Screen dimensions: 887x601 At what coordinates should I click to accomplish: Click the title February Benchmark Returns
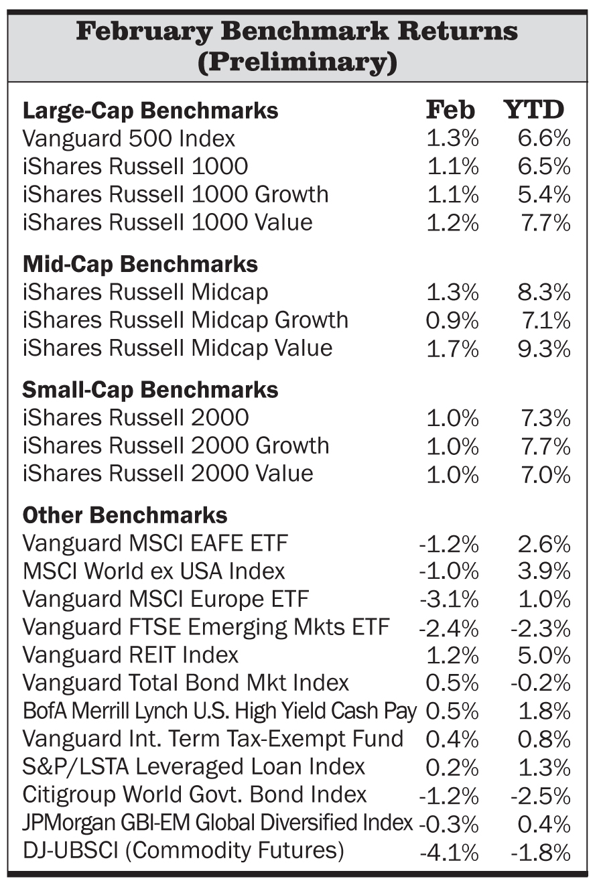point(297,31)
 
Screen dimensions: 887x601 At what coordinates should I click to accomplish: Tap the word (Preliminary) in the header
point(297,62)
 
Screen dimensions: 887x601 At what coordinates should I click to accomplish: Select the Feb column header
point(450,109)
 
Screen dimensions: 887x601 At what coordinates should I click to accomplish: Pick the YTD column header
point(534,109)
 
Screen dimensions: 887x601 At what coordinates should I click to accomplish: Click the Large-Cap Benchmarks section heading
point(150,111)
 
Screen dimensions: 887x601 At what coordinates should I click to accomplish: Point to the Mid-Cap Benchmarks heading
point(140,264)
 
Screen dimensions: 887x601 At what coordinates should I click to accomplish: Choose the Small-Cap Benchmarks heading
point(150,390)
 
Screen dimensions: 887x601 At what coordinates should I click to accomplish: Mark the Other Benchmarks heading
point(125,515)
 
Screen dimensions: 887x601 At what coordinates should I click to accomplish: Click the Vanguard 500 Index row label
point(129,139)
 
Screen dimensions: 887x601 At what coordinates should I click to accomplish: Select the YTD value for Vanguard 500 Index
point(543,139)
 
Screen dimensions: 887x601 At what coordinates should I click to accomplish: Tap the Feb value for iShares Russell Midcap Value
point(452,348)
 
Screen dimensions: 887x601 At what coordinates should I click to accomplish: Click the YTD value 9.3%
point(543,348)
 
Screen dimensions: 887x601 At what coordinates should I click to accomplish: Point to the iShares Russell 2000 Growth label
point(176,446)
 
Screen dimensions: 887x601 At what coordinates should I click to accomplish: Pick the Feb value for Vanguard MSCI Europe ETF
point(448,599)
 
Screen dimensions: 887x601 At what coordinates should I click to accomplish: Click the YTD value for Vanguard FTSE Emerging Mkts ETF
point(540,628)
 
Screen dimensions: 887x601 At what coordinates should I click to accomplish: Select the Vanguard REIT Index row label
point(130,655)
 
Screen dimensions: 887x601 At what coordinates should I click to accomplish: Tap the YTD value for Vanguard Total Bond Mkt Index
point(540,683)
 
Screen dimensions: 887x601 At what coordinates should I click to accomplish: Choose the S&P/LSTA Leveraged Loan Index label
point(194,766)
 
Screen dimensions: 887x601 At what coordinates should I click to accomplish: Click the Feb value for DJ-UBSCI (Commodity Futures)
point(448,851)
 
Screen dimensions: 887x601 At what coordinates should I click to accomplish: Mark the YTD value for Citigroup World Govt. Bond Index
point(540,796)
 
